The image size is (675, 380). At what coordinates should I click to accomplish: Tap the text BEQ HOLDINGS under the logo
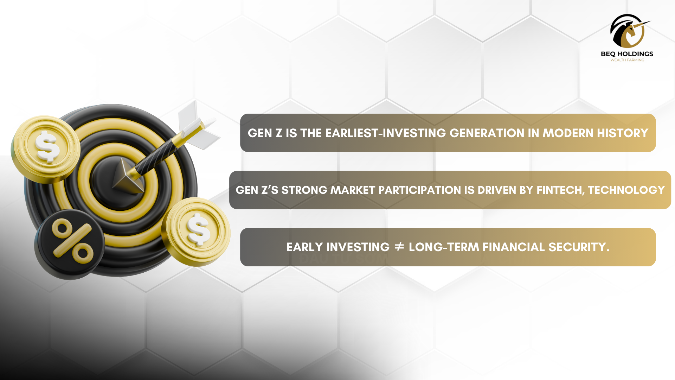coord(627,54)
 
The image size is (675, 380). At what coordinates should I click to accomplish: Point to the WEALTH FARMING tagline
coord(627,60)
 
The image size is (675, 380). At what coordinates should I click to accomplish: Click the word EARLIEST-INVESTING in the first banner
coord(386,133)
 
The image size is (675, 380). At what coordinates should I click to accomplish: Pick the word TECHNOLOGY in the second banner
coord(626,190)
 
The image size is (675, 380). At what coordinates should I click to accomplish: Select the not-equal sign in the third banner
coord(399,247)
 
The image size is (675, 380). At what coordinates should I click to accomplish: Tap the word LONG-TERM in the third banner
coord(444,247)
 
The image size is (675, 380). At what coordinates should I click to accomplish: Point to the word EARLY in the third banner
coord(304,247)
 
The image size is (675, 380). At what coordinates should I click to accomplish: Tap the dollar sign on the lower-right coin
coord(198,229)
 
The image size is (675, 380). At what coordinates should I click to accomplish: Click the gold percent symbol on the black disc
coord(72,241)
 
